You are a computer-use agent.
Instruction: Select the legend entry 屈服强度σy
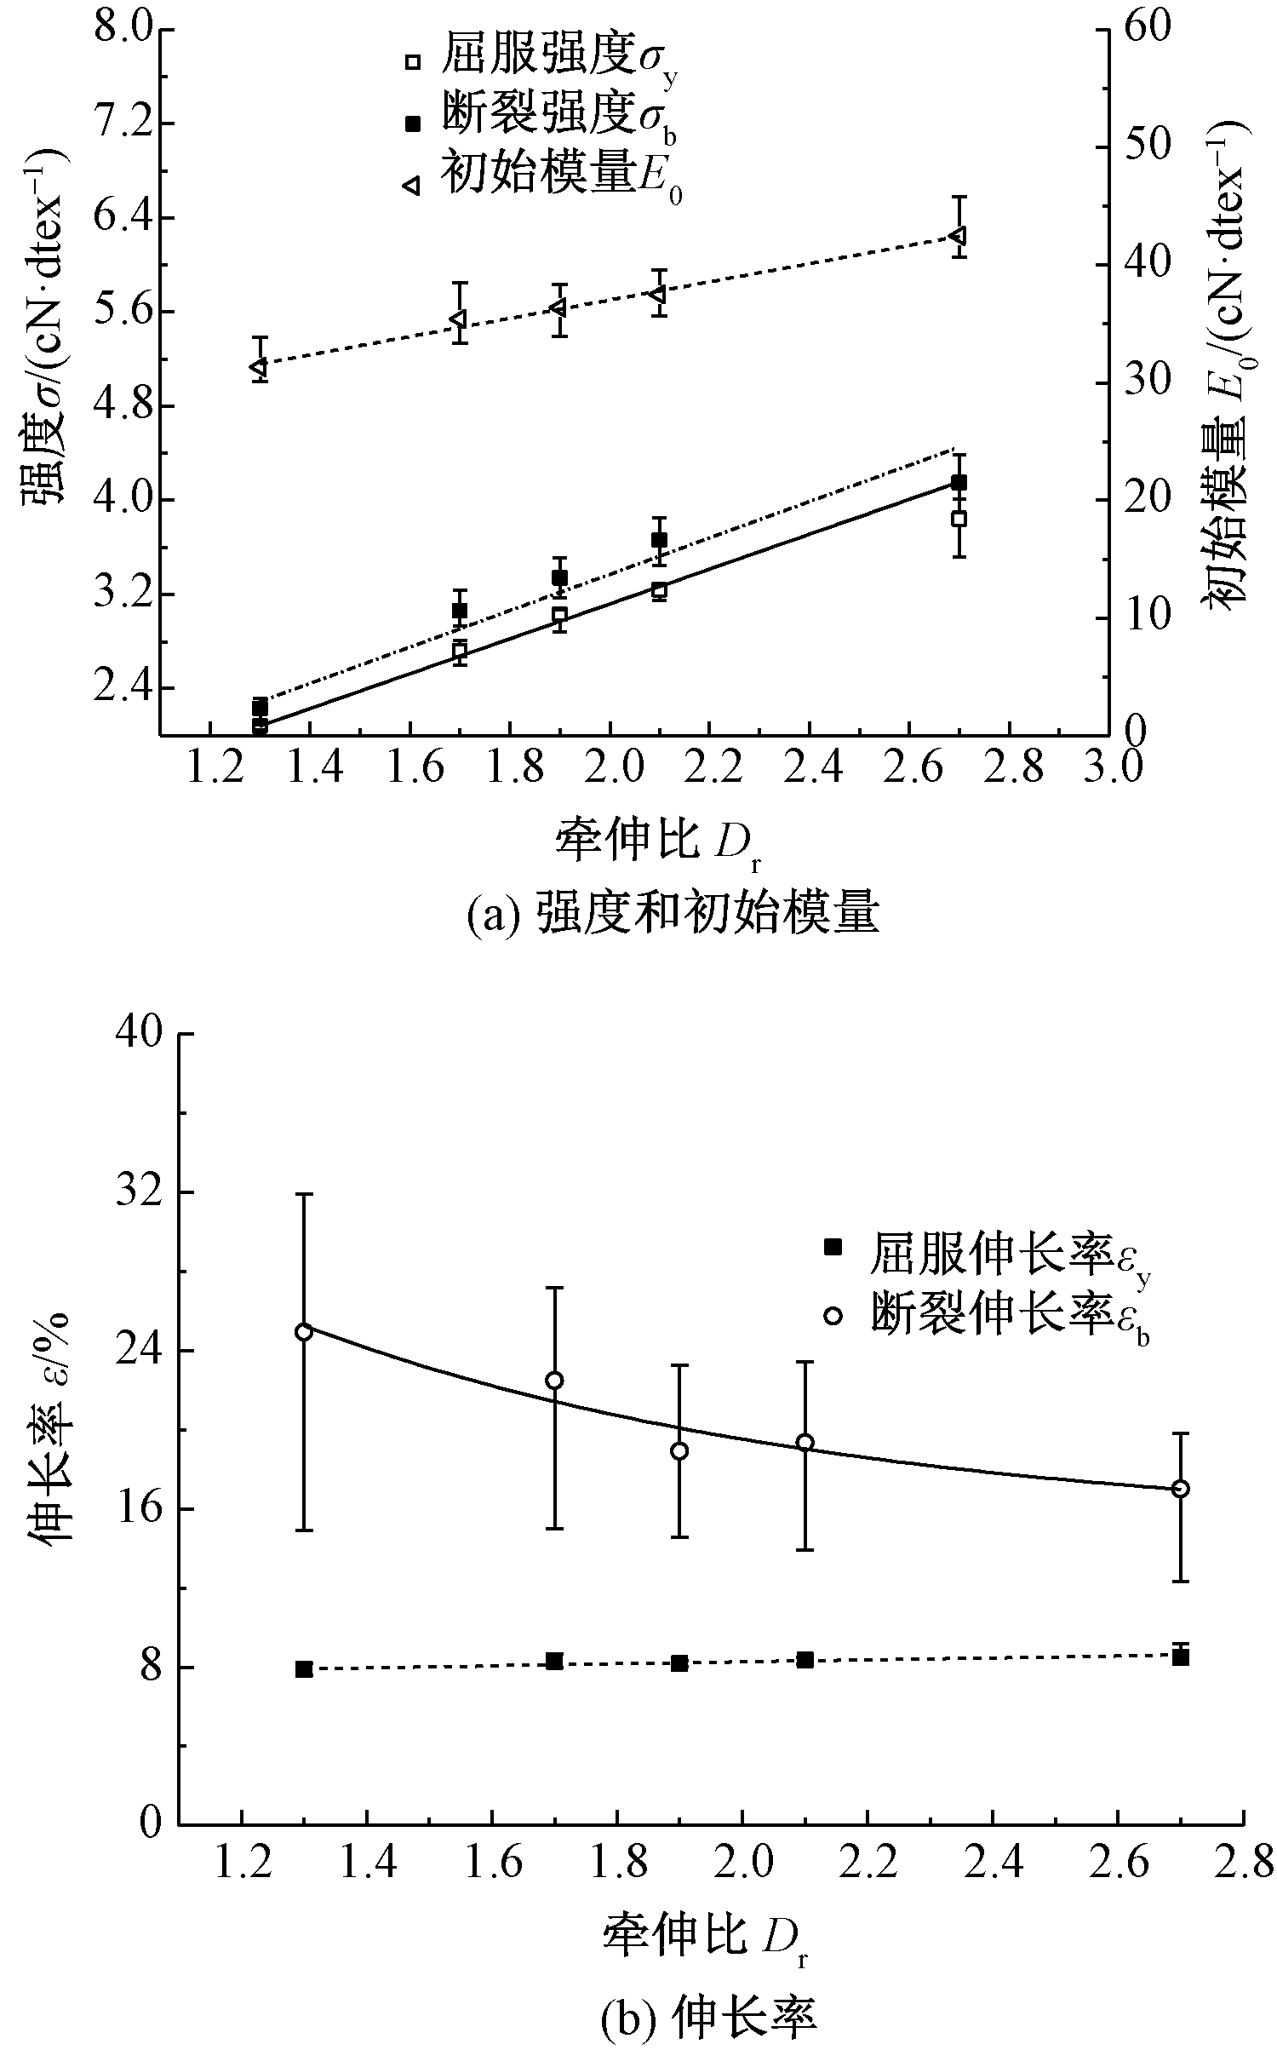pos(545,61)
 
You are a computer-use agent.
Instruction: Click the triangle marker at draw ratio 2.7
pos(959,234)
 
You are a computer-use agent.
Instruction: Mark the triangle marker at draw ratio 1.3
pos(259,367)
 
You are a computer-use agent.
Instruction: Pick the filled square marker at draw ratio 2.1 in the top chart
pos(659,540)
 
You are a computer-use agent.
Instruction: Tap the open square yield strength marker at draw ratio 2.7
pos(959,519)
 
